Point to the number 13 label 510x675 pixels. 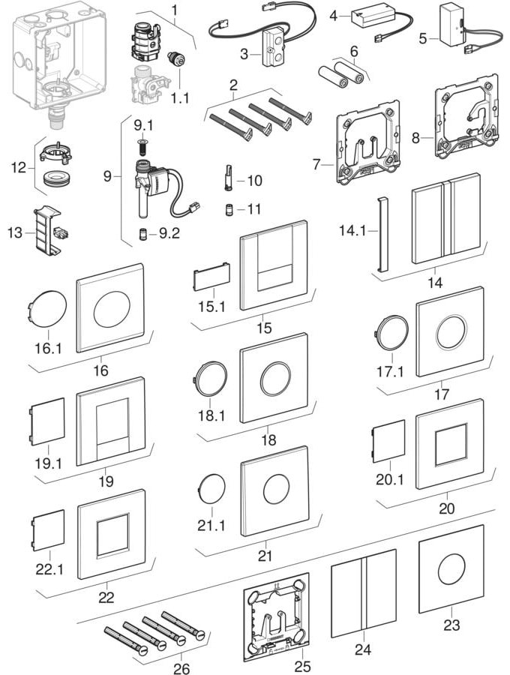[15, 232]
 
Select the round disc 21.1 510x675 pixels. [211, 488]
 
